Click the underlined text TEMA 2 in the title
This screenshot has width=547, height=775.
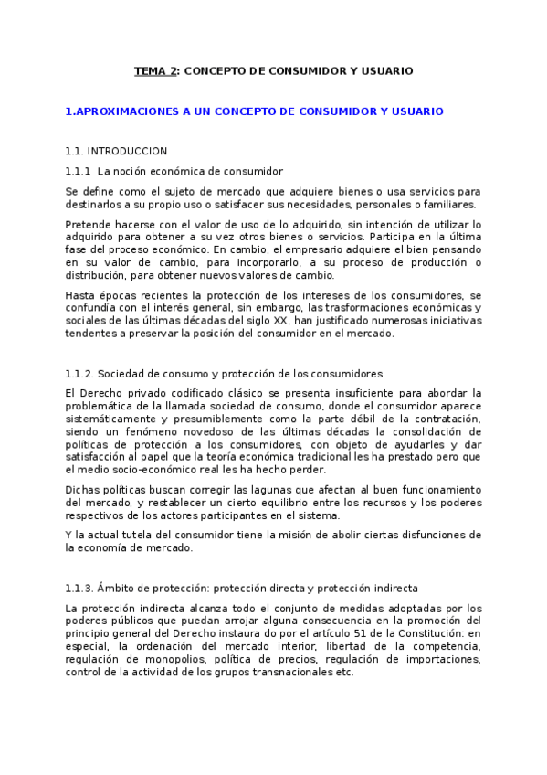coord(155,70)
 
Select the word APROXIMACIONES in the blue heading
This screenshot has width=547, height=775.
coord(129,111)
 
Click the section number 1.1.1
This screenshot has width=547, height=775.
coord(78,171)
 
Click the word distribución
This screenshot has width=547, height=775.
coord(99,275)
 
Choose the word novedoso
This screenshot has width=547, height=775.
coord(207,431)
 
